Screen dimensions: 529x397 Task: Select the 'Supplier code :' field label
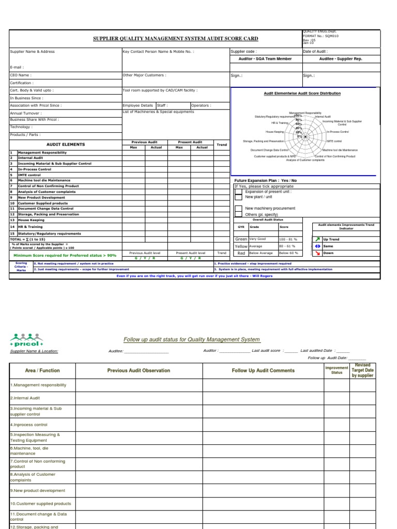(x=243, y=52)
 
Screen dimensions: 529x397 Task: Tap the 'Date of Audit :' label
(x=316, y=52)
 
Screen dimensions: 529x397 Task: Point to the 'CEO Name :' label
(x=21, y=75)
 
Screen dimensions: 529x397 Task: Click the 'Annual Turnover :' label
(x=26, y=113)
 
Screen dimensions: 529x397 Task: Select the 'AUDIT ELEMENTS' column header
(x=66, y=145)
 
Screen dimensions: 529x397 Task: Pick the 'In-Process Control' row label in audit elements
(x=35, y=169)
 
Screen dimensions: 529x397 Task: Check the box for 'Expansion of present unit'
(x=238, y=191)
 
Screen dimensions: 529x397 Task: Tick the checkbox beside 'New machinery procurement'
(x=238, y=208)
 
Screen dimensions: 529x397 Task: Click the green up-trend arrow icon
(x=317, y=239)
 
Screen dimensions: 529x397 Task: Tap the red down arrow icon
(x=317, y=253)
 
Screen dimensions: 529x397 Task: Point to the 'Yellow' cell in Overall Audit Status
(x=241, y=246)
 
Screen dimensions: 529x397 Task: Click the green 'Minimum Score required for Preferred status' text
(x=65, y=255)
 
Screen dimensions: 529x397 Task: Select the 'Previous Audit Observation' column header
(x=139, y=370)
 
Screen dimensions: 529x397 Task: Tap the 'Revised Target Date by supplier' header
(x=362, y=370)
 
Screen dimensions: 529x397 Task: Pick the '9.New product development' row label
(x=38, y=490)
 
